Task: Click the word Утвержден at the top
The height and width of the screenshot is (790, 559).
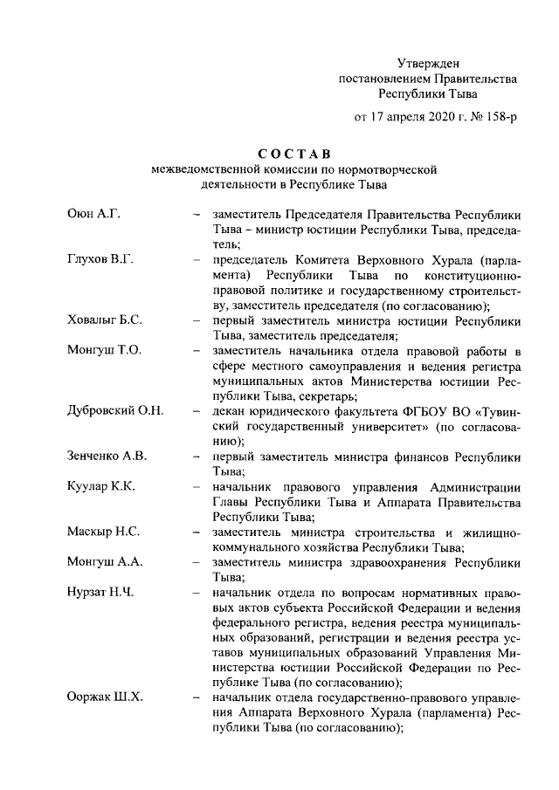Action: (x=428, y=63)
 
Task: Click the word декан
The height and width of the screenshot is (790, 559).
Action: (x=230, y=410)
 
